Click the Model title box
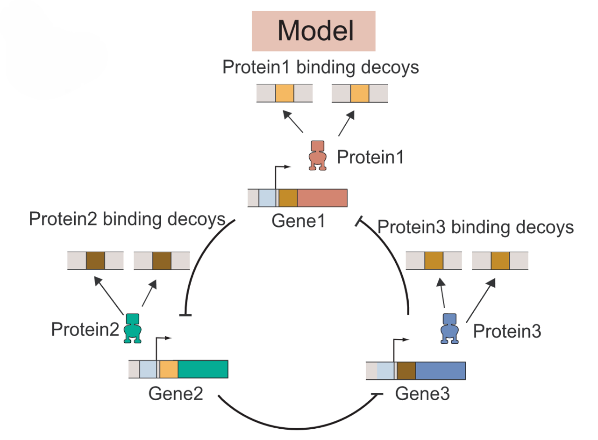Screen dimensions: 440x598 tap(313, 31)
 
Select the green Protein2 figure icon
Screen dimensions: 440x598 tap(132, 328)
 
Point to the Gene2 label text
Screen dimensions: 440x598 tap(176, 393)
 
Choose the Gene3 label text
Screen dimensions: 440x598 tap(422, 394)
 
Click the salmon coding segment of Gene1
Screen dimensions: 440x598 tap(322, 197)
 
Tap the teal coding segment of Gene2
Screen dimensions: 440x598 tap(203, 369)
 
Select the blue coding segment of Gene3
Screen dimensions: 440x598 tap(440, 370)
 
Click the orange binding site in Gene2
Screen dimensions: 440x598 tap(169, 369)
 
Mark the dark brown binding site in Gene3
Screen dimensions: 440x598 tap(406, 370)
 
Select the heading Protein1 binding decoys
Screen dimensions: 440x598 tap(320, 67)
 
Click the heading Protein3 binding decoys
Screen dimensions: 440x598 tap(475, 227)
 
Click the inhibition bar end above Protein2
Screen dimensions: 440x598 tap(185, 316)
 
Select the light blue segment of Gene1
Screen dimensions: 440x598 tap(267, 197)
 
